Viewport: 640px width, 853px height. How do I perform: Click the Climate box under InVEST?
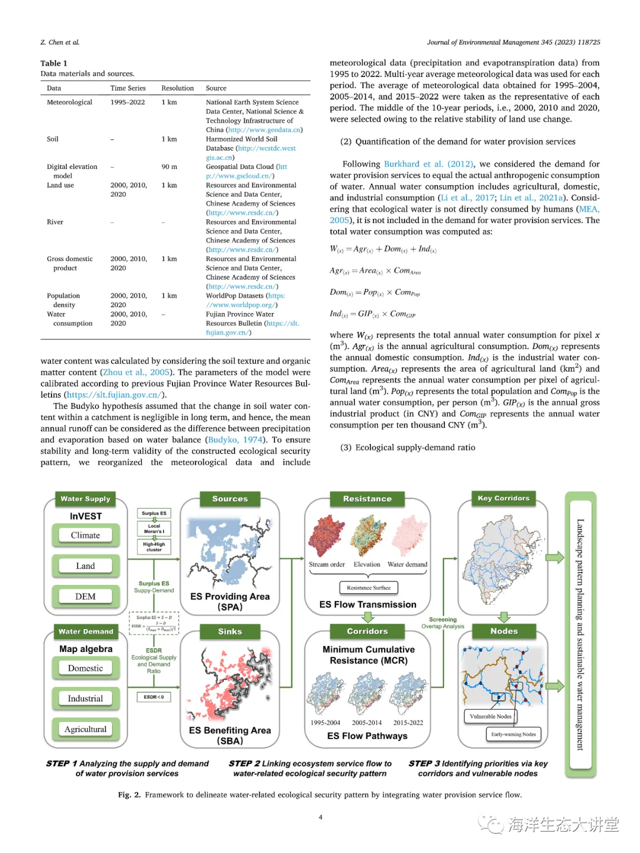click(x=85, y=535)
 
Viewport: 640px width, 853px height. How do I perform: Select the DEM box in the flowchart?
click(x=85, y=596)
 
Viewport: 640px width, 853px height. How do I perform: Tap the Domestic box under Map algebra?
click(x=85, y=668)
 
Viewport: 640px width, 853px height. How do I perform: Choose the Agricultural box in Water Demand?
click(x=85, y=729)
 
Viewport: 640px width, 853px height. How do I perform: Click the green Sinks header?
click(x=230, y=632)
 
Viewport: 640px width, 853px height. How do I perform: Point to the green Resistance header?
click(x=367, y=499)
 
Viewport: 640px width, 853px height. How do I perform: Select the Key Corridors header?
click(x=504, y=499)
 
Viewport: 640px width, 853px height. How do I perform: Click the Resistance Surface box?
click(x=369, y=587)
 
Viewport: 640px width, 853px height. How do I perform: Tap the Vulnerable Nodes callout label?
click(x=490, y=717)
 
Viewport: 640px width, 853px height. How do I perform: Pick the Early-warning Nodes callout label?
click(x=513, y=734)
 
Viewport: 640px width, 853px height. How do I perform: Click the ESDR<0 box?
click(x=154, y=697)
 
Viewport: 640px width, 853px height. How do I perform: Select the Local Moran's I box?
click(x=154, y=528)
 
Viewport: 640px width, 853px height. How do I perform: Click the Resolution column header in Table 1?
click(x=177, y=88)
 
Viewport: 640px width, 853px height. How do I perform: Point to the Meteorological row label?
click(x=69, y=103)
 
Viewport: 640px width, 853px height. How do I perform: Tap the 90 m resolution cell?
click(x=169, y=167)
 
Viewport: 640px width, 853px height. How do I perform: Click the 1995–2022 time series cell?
click(x=127, y=103)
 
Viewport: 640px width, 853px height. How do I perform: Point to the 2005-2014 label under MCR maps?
click(x=367, y=723)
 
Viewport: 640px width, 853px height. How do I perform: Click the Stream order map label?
click(x=327, y=564)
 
